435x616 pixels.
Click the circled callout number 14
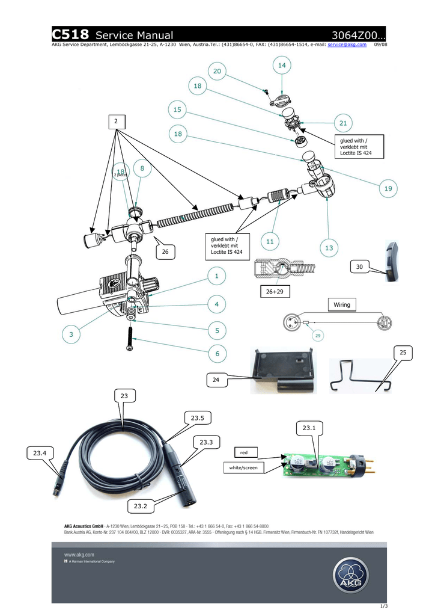point(281,64)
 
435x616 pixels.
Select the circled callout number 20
point(216,71)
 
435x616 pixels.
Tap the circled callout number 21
point(342,123)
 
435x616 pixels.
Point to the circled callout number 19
point(388,188)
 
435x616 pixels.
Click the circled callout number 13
point(329,248)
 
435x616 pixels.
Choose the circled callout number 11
point(270,241)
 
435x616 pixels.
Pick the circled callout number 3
point(71,333)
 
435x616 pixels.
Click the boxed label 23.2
point(140,506)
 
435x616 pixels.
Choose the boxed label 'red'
point(243,451)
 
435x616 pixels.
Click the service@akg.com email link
point(347,45)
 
